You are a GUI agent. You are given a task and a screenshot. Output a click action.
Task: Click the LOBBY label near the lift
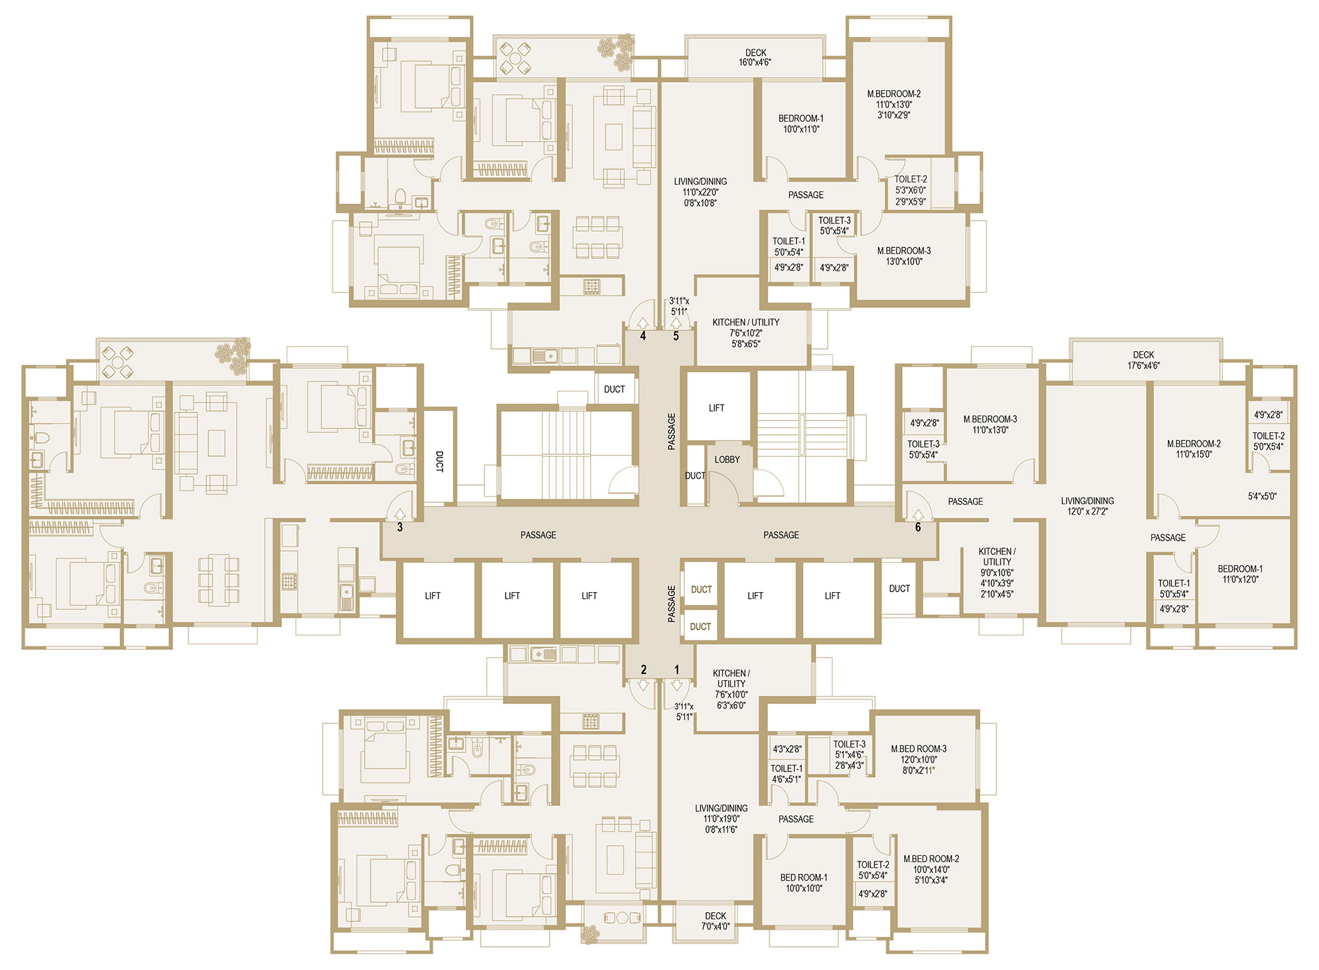727,460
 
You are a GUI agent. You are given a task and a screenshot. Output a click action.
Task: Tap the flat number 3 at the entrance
400,528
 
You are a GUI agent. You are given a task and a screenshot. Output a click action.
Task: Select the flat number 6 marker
918,528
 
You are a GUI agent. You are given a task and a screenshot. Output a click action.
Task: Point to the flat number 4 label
643,336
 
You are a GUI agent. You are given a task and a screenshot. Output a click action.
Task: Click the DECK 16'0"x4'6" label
755,58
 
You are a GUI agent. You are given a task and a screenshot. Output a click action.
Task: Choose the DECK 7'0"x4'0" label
715,921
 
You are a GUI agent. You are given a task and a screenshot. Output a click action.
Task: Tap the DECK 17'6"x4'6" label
1143,361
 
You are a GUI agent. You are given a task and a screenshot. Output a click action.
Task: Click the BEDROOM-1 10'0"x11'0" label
801,124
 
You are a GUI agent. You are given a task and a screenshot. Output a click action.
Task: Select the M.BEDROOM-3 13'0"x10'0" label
904,256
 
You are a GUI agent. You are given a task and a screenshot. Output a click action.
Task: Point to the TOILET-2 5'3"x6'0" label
911,185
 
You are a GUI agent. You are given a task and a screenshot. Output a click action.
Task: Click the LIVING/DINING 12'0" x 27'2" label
1087,506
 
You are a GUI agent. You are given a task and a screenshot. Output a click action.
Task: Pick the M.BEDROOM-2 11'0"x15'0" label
1194,449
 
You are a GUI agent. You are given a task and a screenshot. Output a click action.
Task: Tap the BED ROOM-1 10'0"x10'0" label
804,883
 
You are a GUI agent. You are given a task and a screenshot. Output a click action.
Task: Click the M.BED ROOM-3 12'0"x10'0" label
918,754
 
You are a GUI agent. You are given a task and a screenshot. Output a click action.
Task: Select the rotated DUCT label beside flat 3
440,462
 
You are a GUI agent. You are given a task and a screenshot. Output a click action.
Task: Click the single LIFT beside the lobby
717,408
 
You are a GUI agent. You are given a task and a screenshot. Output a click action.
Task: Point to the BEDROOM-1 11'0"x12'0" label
1240,574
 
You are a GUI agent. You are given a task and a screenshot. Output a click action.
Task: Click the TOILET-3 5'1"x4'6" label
850,749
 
